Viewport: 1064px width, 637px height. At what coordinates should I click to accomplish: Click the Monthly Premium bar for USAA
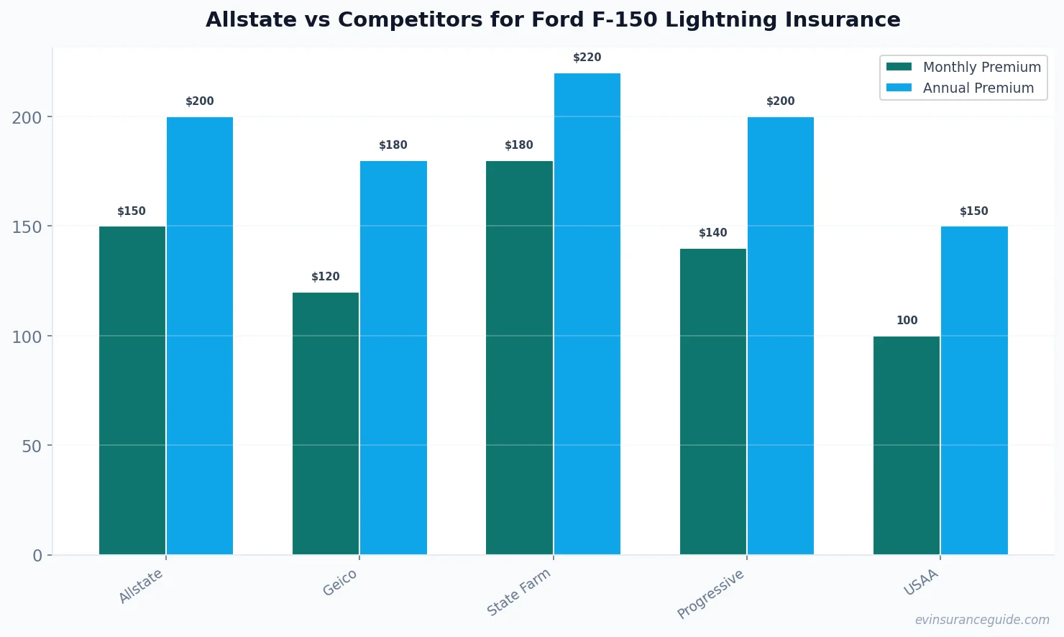[907, 445]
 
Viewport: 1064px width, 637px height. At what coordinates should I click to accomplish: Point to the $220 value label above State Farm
[587, 58]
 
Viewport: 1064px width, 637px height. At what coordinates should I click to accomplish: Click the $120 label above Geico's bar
[325, 277]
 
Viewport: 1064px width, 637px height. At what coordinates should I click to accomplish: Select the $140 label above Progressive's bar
[712, 233]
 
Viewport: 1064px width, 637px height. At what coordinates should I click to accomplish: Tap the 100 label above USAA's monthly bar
[907, 321]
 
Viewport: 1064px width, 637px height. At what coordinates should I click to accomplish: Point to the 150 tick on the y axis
[27, 227]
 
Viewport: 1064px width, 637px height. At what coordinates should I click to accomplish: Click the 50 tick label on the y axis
[32, 446]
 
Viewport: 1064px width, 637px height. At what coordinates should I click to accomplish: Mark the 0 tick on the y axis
[37, 556]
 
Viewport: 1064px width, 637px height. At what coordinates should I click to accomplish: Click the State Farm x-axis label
[518, 592]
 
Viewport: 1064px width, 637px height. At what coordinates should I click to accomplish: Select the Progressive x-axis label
[710, 594]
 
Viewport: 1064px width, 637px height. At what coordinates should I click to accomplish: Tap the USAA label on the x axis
[921, 582]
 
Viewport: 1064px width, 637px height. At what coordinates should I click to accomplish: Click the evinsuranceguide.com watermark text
[981, 620]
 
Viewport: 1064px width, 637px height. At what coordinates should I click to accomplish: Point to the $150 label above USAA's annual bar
[973, 211]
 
